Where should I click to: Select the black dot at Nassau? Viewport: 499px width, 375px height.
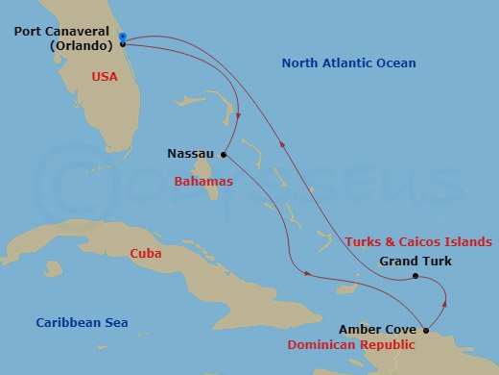223,154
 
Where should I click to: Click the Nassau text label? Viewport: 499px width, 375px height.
190,153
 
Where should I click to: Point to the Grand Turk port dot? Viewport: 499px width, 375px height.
415,277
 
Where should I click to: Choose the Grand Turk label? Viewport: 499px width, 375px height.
415,261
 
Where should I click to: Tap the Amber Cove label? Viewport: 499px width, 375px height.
377,329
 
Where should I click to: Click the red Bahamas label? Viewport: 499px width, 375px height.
203,182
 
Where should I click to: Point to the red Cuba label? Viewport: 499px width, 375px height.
146,254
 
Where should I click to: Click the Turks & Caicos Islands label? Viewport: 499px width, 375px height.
419,242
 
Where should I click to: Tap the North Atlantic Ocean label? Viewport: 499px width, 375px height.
348,63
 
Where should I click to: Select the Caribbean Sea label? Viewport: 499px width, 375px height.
82,323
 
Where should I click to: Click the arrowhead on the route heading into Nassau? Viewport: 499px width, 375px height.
237,117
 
